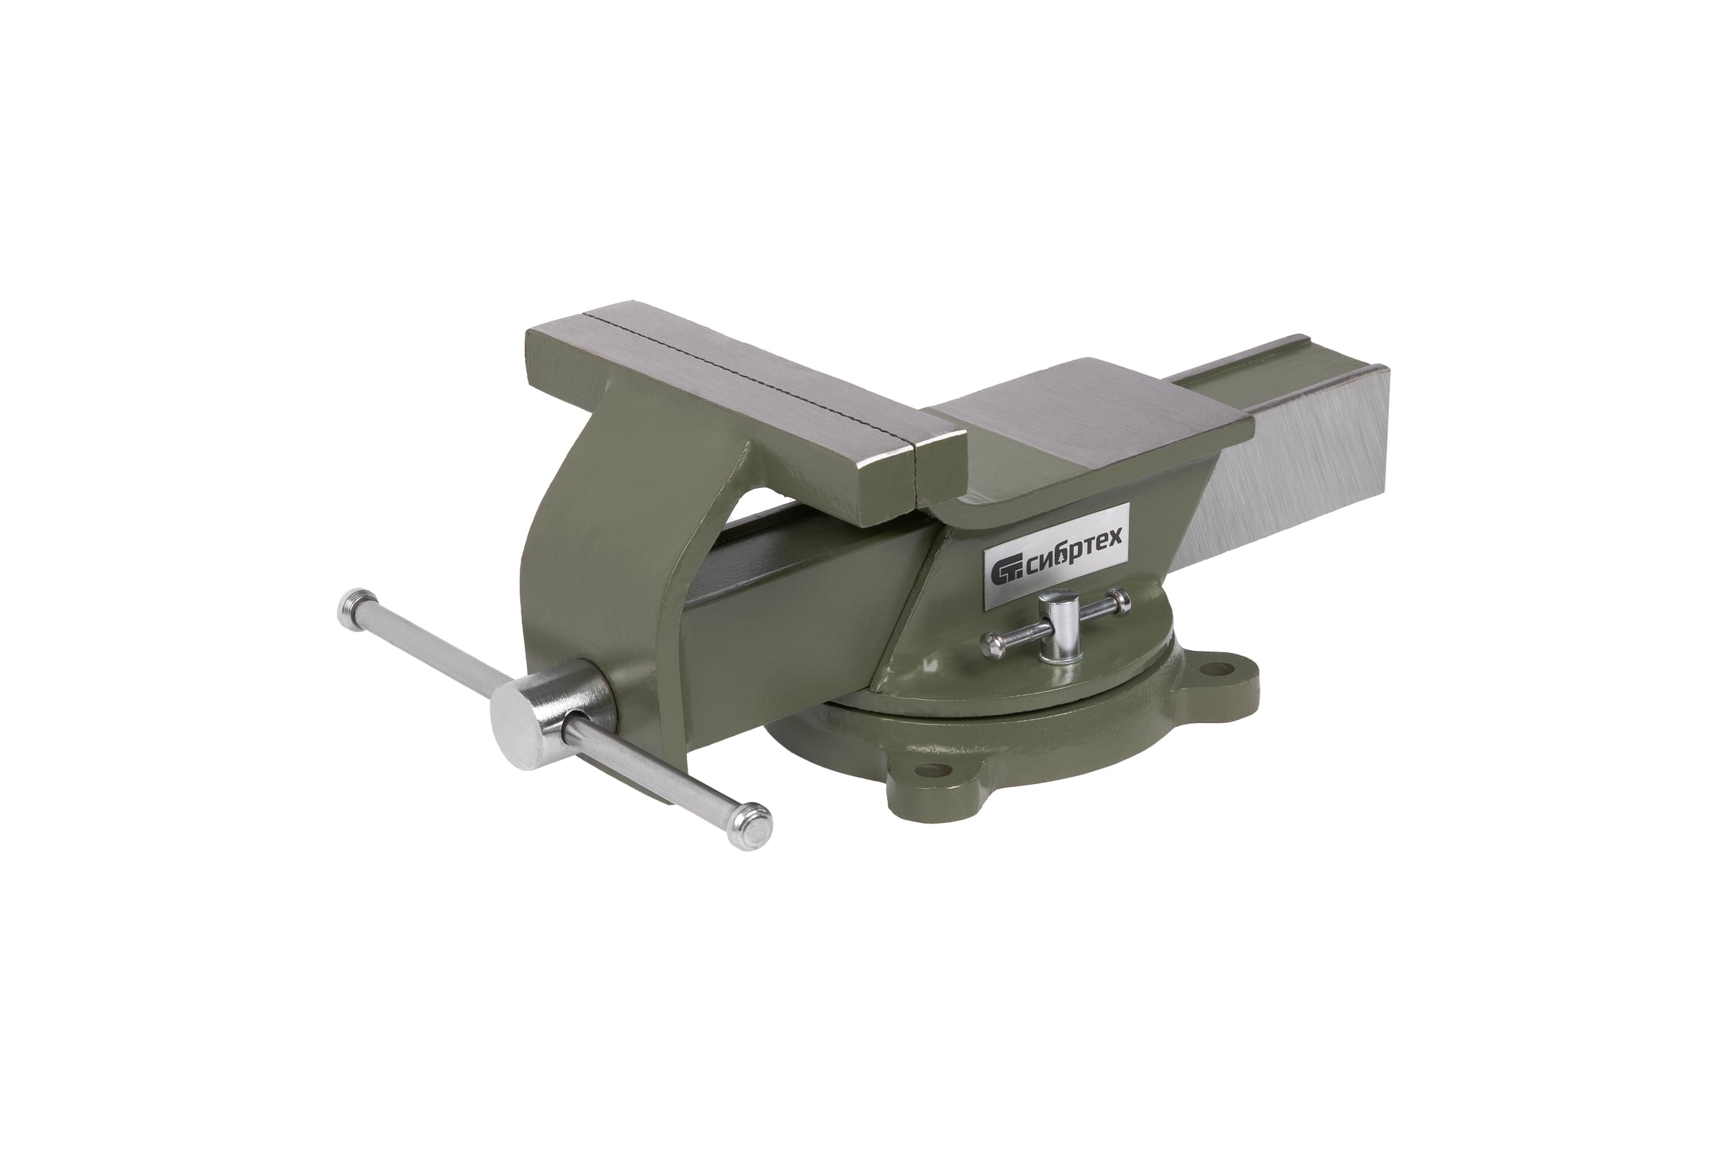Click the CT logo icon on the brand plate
point(1004,574)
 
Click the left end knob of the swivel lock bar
point(992,646)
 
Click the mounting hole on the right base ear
point(1221,670)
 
